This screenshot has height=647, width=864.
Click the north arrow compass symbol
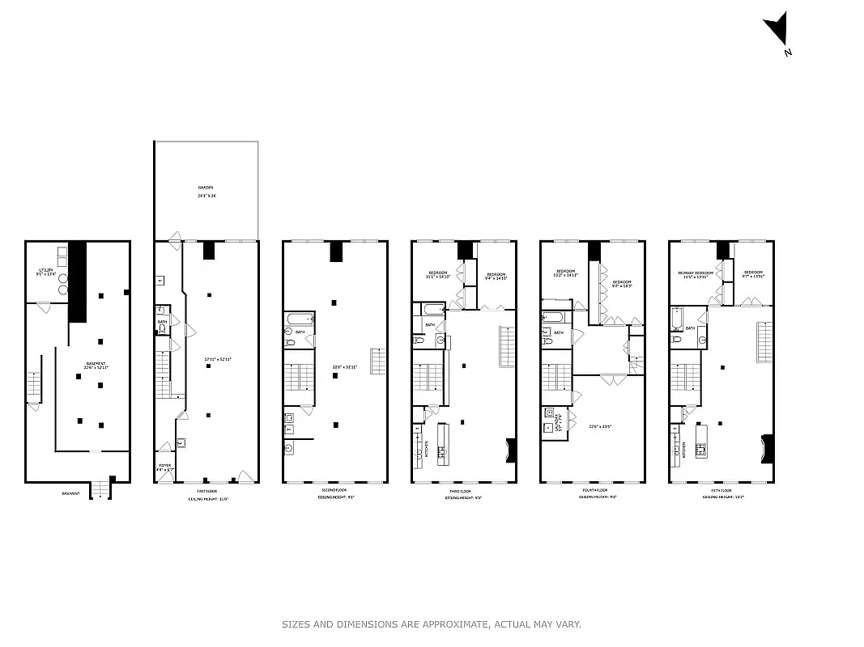pos(776,32)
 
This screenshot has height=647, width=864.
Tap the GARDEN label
pos(206,187)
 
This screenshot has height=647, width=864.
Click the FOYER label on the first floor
pos(164,465)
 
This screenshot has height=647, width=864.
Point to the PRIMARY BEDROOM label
pos(696,273)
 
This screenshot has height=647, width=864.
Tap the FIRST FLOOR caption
pos(206,491)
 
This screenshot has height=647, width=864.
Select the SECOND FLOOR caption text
pos(334,491)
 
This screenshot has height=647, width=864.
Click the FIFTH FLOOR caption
pos(721,491)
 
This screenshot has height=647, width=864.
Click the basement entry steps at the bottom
pos(100,489)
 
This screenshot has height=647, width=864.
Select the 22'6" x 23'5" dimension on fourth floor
pos(600,426)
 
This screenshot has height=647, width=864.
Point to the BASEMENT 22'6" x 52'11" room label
pos(96,366)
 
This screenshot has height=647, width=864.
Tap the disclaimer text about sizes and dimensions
pos(432,624)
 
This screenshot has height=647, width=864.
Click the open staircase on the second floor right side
pos(377,361)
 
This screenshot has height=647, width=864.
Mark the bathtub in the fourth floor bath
pos(552,316)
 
